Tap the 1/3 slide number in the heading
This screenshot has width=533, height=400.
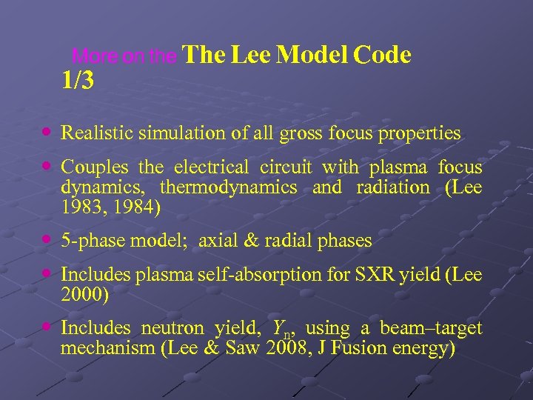[78, 81]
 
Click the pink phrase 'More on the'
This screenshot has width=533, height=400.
[125, 57]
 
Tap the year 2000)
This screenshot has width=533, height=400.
[84, 295]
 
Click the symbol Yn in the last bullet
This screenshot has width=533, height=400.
[281, 329]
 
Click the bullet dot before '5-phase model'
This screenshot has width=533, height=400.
[47, 240]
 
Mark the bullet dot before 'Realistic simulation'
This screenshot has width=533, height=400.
[47, 132]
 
